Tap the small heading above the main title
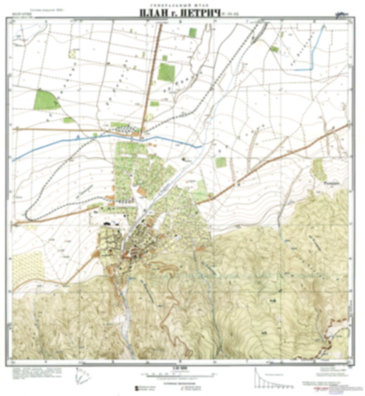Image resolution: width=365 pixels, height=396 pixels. pyautogui.click(x=180, y=5)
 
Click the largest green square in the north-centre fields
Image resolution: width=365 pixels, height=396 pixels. pyautogui.click(x=166, y=71)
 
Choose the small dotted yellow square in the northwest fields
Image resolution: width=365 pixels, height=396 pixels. pyautogui.click(x=72, y=54)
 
